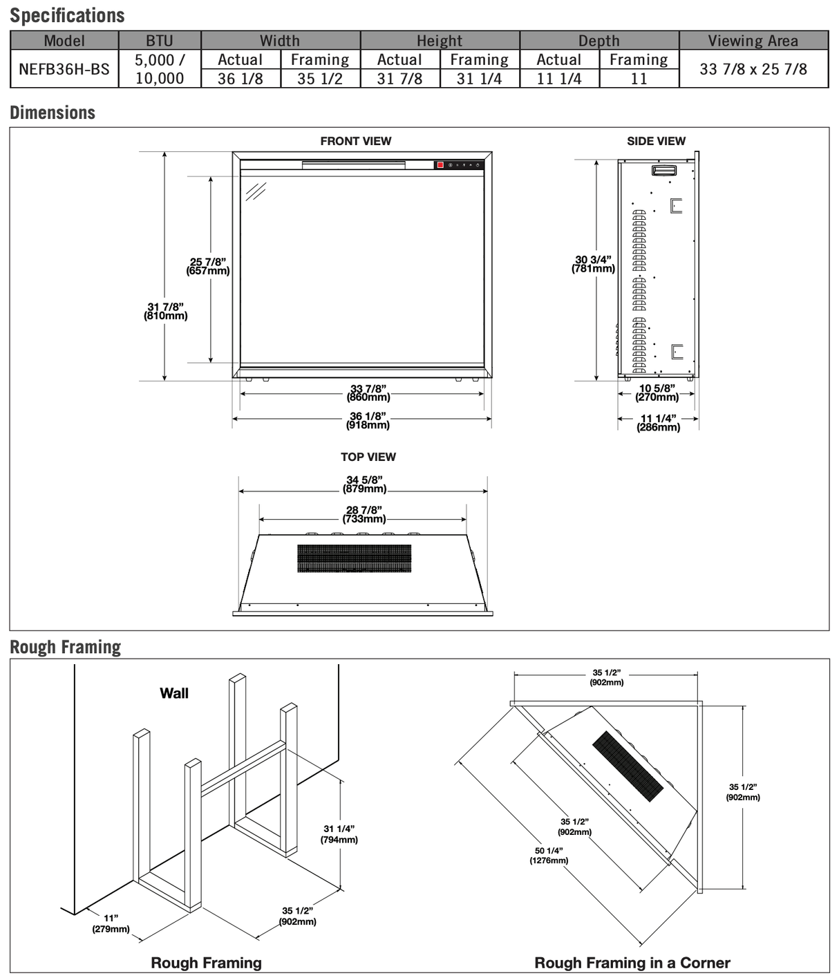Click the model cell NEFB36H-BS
[64, 69]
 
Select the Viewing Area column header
[753, 41]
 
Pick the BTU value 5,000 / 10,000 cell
[160, 69]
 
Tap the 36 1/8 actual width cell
[240, 79]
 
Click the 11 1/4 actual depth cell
[558, 79]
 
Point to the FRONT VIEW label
[355, 141]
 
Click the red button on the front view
[440, 165]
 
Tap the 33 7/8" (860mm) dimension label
[368, 393]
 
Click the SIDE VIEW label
[656, 141]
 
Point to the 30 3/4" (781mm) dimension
[593, 264]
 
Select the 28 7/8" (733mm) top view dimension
[364, 514]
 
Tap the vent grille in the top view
[354, 558]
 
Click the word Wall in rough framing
[174, 693]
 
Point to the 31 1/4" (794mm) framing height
[339, 834]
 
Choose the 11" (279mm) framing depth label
[111, 923]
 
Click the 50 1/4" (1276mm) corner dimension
[549, 856]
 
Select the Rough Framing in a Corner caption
[632, 963]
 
